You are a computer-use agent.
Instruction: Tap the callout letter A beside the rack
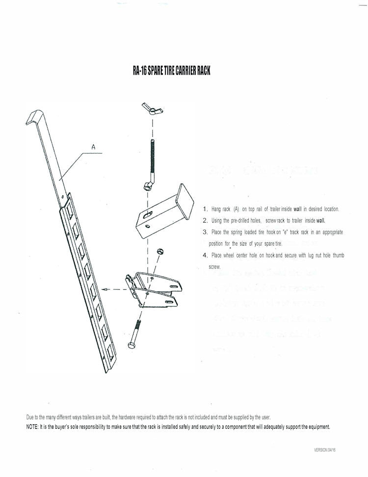tap(93, 146)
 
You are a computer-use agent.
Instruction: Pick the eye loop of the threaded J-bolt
tap(147, 186)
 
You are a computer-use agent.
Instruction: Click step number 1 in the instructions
tap(206, 209)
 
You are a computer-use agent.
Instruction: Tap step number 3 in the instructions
tap(206, 232)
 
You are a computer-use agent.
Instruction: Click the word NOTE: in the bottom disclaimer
tap(32, 426)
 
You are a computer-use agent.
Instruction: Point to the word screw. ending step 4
tap(214, 267)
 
